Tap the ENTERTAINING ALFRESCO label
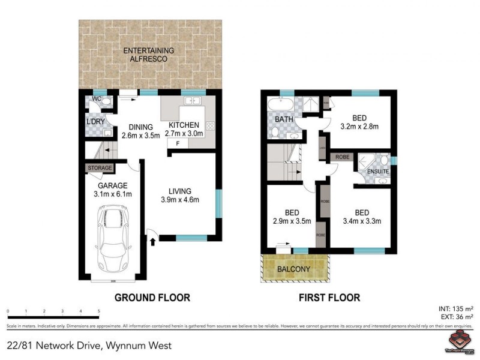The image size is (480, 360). [145, 55]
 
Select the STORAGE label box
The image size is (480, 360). [100, 168]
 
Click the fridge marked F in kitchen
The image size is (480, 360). [178, 145]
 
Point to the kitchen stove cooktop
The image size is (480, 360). [210, 126]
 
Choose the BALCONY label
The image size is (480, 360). [293, 269]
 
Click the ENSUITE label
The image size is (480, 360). [377, 172]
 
